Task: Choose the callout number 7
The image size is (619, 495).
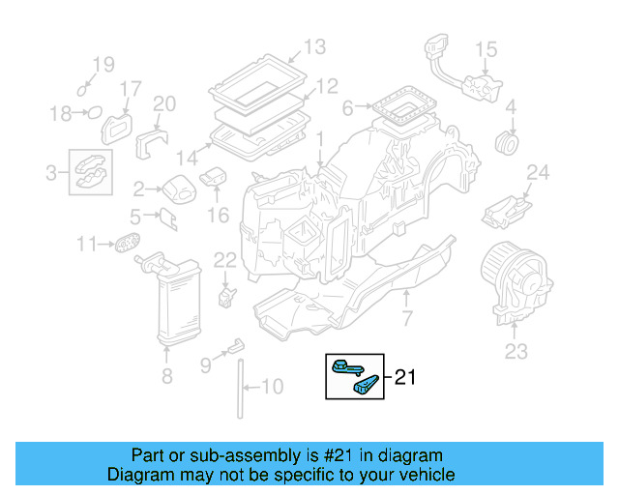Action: pos(407,318)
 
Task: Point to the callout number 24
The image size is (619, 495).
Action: pos(537,173)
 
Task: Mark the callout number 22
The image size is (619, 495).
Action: pos(224,259)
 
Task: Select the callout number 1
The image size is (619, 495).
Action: pos(318,141)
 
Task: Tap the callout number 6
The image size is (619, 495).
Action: pos(348,108)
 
